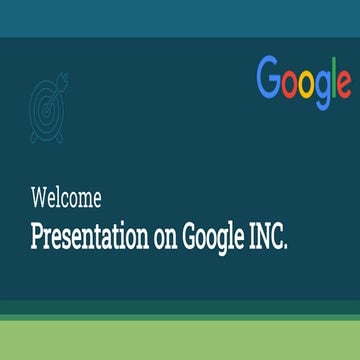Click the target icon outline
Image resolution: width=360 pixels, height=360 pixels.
46,101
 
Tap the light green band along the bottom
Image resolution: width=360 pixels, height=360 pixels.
180,340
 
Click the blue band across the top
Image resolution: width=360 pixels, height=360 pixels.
180,18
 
